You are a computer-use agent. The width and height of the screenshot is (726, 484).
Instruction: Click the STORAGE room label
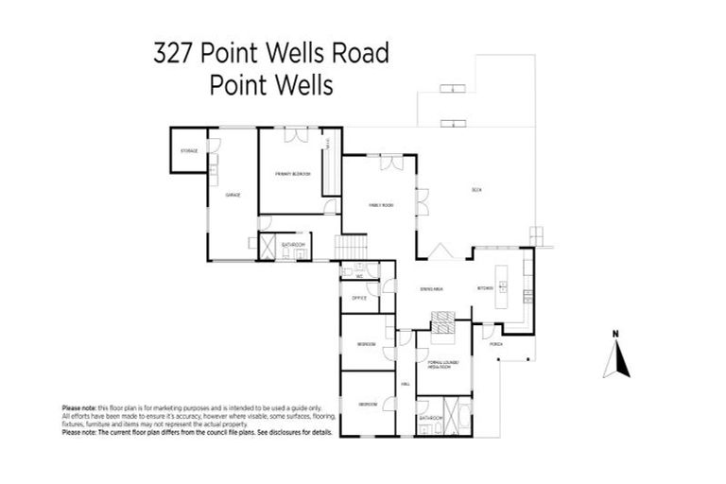point(189,151)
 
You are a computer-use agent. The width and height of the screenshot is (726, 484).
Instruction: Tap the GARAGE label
point(233,195)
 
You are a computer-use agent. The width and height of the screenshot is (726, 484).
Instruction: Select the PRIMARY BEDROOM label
point(293,175)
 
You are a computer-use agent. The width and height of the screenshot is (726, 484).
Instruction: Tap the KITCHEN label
point(485,288)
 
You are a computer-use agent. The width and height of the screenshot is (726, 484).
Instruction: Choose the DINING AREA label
point(432,288)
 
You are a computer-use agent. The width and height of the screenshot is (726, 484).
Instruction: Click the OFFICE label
point(359,298)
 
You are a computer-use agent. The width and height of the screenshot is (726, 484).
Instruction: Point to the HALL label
point(405,384)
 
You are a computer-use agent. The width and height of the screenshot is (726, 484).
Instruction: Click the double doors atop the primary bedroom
point(300,135)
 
